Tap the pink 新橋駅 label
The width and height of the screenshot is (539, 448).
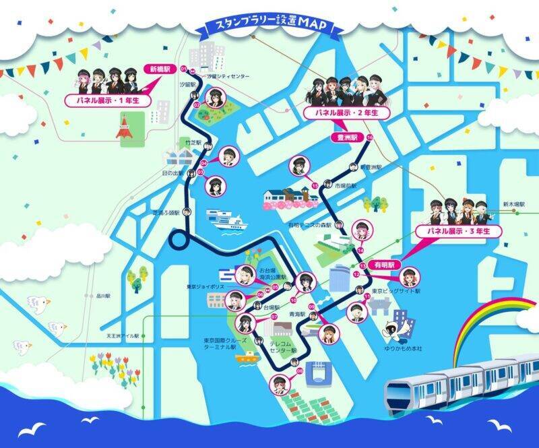[160, 69]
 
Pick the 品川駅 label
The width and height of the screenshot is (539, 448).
[102, 295]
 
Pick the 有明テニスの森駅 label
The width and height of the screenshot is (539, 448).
[312, 226]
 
